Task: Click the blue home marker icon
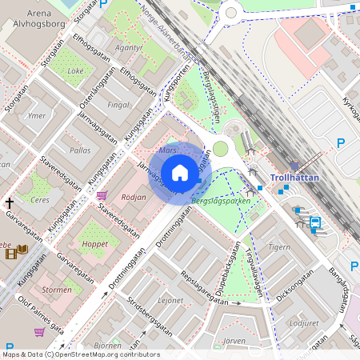pos(180,172)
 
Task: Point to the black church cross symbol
pos(10,203)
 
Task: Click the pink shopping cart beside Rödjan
pos(102,195)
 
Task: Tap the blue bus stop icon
pos(314,223)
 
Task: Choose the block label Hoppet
pos(94,244)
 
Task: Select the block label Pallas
pos(80,150)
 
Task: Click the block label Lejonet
pos(170,301)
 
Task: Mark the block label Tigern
pos(278,247)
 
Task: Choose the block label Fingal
pos(118,104)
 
